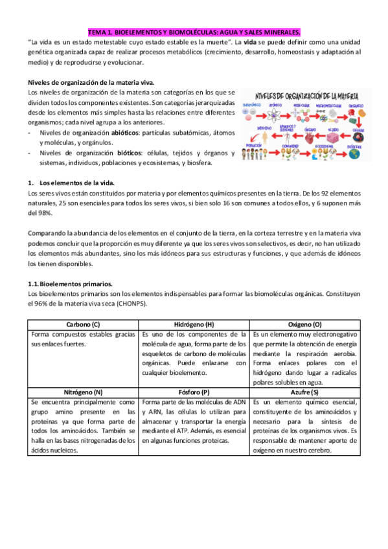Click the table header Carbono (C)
coord(83,324)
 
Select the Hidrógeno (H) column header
coord(194,324)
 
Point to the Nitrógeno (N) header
coord(83,392)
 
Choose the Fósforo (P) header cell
coord(194,392)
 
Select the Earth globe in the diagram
coord(354,154)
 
